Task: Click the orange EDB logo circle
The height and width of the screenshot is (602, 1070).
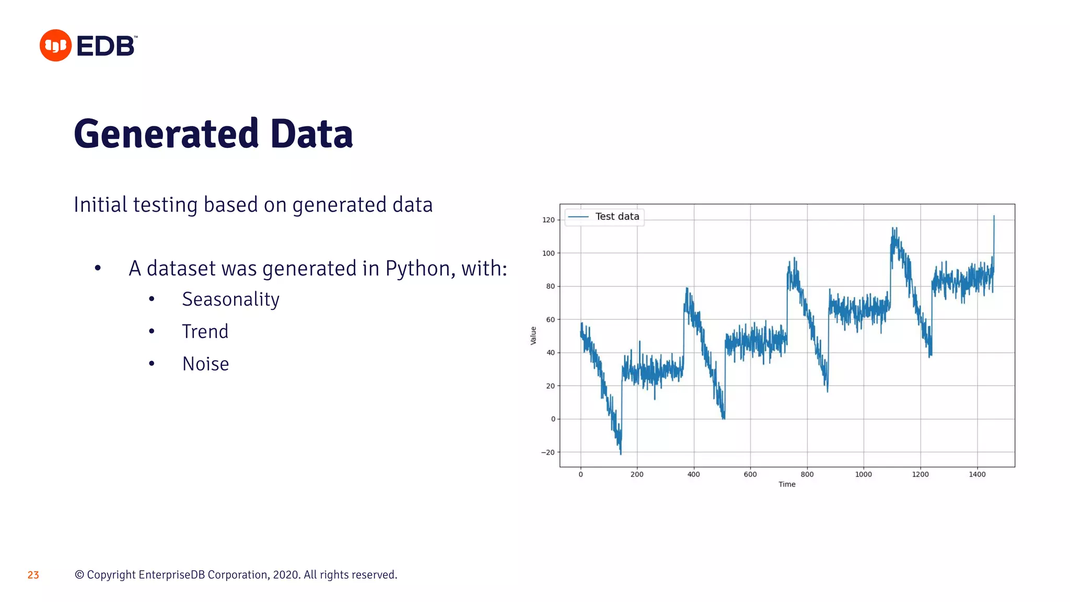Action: tap(55, 45)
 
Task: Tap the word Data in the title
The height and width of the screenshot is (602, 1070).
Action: tap(311, 134)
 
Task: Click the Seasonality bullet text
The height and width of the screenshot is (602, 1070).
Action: tap(230, 299)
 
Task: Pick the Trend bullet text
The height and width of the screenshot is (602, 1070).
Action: tap(205, 332)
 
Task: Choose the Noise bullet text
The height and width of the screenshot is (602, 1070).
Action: tap(205, 364)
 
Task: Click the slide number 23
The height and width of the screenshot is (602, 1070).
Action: tap(33, 575)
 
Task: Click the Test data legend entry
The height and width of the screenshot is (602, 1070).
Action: tap(617, 216)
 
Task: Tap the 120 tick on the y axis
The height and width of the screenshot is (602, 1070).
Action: tap(548, 220)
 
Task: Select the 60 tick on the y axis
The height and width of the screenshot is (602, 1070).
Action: tap(550, 320)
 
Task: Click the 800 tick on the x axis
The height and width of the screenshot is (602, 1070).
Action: tap(807, 474)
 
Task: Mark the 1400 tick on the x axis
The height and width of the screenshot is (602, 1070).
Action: tap(976, 474)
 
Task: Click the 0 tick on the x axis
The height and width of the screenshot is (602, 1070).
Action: tap(580, 474)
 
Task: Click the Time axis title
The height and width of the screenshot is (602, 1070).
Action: tap(787, 484)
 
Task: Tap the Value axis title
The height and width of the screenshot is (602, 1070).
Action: tap(533, 335)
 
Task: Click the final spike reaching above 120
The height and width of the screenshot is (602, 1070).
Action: tap(994, 217)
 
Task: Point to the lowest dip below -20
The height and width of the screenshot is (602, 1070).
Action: tap(621, 453)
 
